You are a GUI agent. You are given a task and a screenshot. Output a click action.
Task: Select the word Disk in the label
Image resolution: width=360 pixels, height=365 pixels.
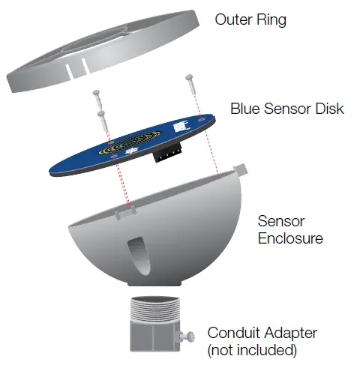(x=328, y=109)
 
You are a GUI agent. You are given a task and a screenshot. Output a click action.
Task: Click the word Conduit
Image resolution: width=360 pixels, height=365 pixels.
(x=231, y=334)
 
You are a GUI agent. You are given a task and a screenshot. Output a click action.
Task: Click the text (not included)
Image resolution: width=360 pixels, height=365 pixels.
(x=251, y=350)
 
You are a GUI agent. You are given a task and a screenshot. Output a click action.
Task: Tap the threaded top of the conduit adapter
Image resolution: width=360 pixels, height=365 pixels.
(x=155, y=309)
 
